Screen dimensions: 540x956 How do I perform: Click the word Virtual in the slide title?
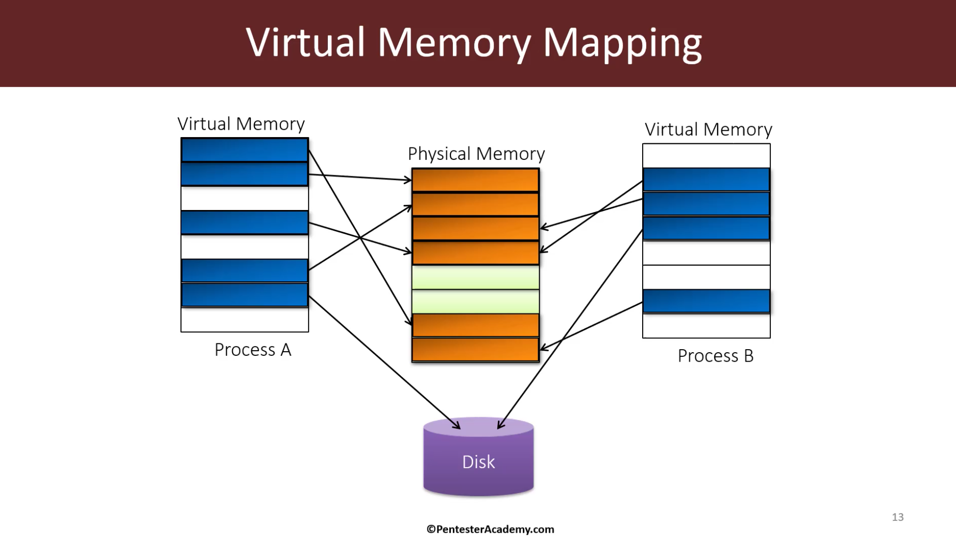[306, 42]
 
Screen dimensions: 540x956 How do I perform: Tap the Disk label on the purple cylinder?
[478, 461]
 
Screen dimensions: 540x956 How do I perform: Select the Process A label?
[253, 350]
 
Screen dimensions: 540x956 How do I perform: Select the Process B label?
[716, 356]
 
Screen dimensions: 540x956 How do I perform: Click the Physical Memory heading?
[476, 154]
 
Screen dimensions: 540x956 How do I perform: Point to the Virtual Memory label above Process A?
[241, 124]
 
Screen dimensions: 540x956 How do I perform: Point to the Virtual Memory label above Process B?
[708, 129]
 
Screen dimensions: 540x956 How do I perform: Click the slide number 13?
[898, 517]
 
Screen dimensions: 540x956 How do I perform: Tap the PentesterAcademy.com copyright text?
[490, 529]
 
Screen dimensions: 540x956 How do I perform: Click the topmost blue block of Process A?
[245, 150]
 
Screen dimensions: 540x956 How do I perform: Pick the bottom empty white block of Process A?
[245, 320]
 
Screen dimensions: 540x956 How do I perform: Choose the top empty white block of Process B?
[706, 155]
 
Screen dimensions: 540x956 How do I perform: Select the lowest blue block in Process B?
[706, 301]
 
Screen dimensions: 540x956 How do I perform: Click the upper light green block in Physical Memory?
[475, 277]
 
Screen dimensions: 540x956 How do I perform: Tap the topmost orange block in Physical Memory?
[475, 180]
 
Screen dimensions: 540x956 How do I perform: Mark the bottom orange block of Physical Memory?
[475, 349]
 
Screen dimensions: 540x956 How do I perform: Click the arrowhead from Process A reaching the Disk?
[457, 426]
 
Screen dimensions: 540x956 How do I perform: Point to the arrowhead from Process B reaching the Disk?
[500, 425]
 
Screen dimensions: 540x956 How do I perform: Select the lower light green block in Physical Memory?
[475, 302]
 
